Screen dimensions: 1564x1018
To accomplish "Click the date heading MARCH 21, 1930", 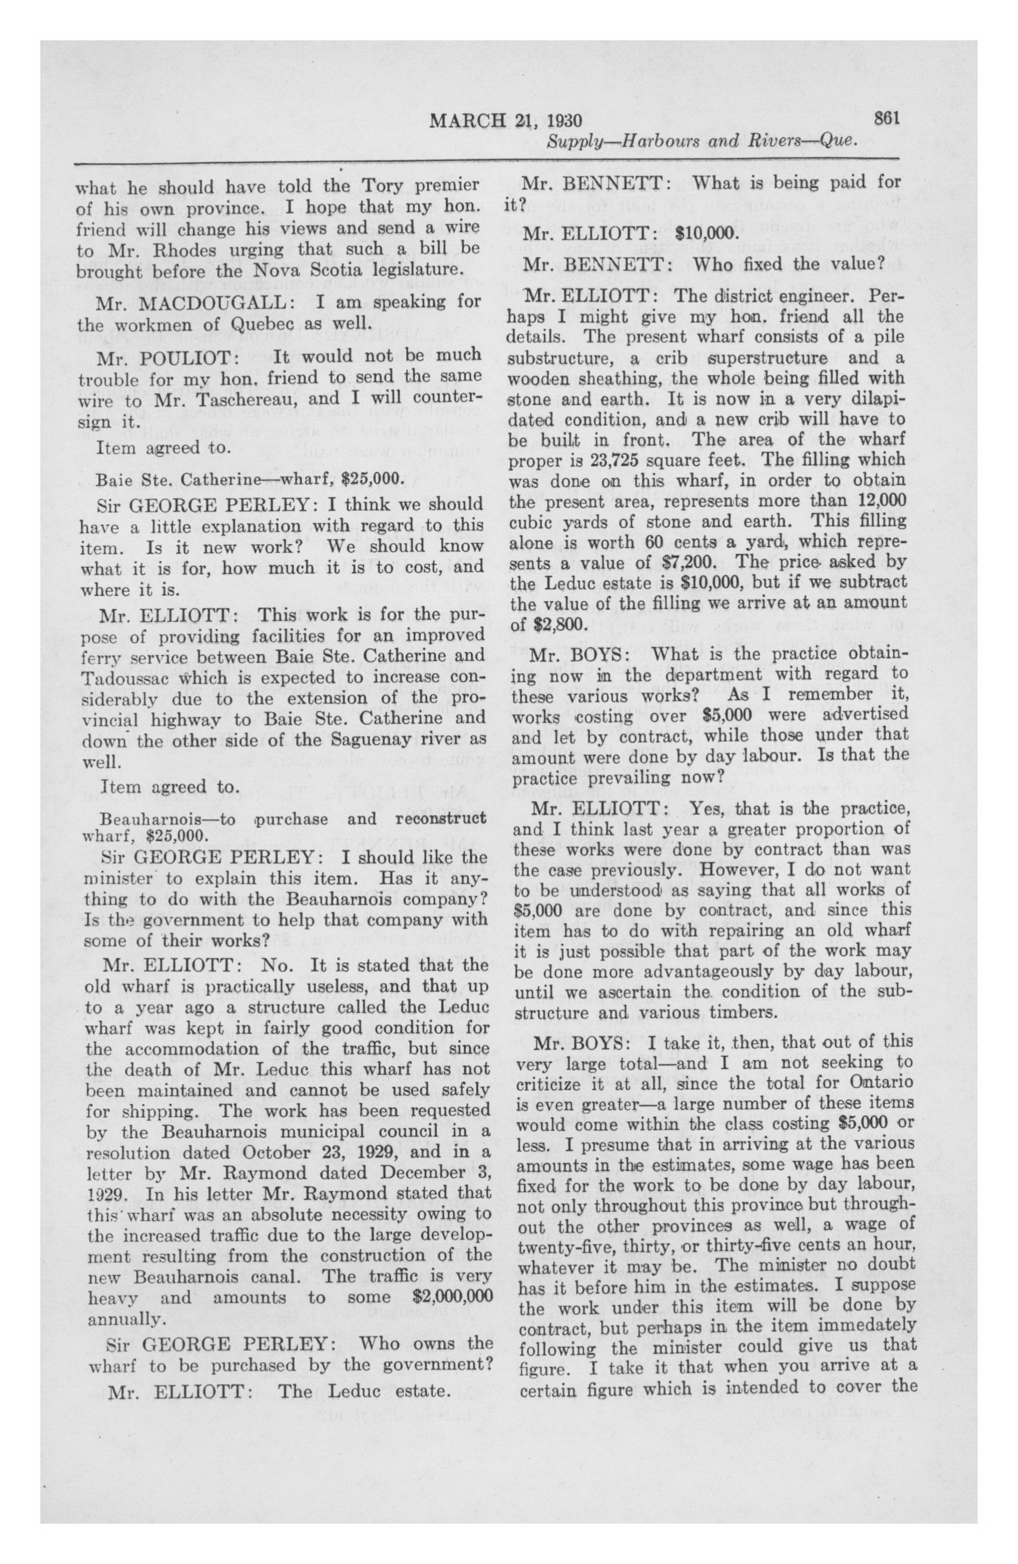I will click(506, 121).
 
